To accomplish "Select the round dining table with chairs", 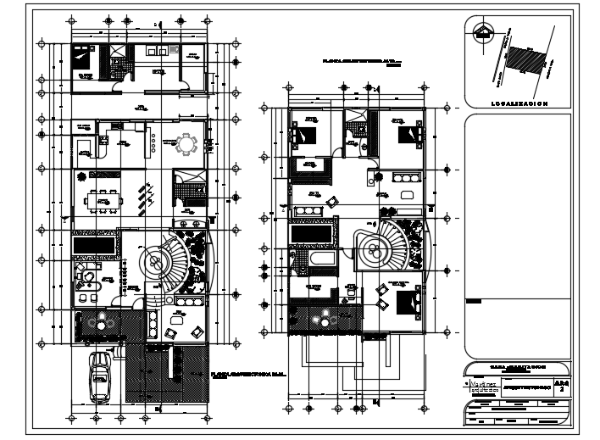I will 184,145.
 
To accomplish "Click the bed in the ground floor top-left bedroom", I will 83,60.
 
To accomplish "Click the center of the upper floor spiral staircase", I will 372,248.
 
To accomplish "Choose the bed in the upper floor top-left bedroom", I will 304,131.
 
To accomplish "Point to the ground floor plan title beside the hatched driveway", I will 236,374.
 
